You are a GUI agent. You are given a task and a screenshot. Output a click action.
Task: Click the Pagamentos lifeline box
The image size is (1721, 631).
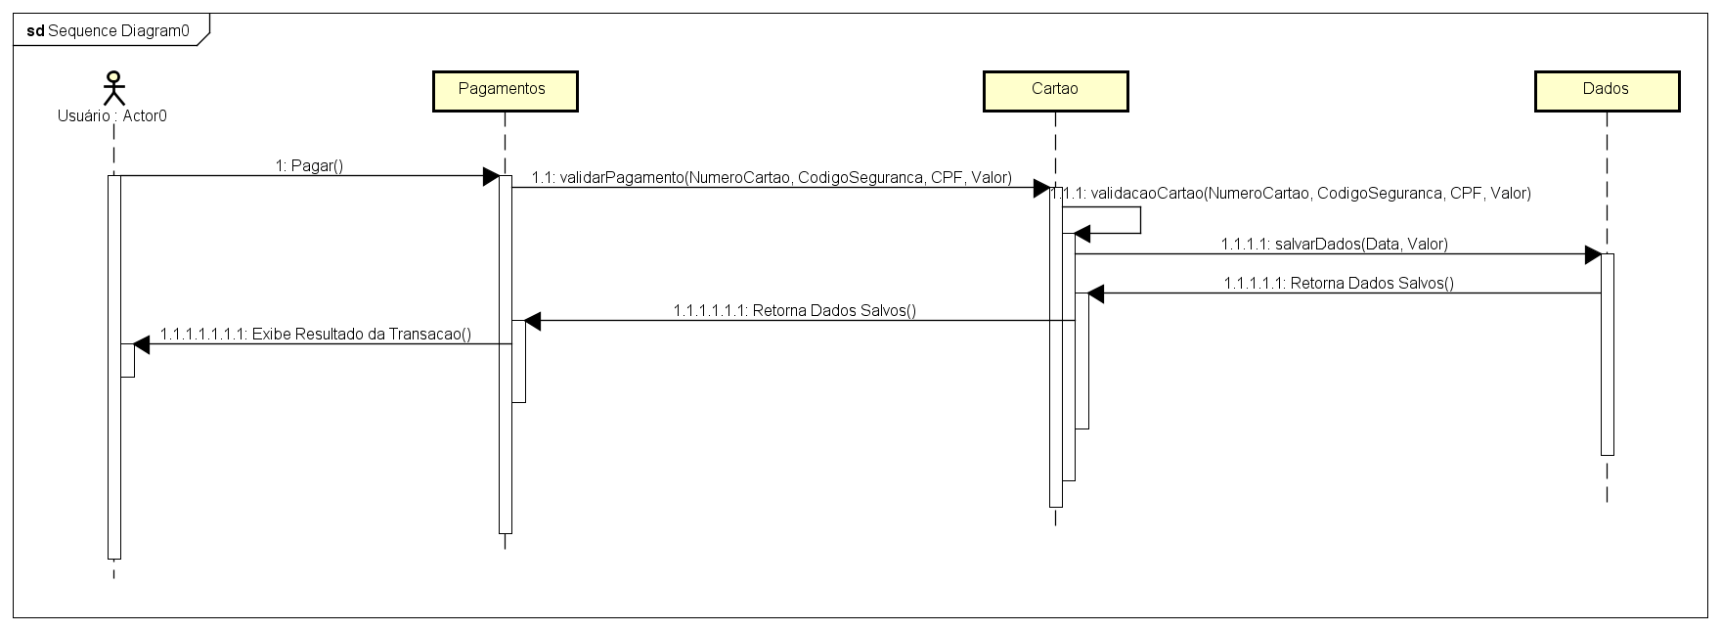(505, 91)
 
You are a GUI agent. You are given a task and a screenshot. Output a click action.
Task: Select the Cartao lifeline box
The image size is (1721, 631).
(1055, 91)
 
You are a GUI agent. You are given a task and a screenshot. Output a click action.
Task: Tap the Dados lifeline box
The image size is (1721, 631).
(1607, 91)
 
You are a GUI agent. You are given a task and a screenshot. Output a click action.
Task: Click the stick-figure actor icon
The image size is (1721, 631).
(114, 87)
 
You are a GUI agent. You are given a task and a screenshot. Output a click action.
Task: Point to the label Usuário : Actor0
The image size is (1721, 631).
(112, 115)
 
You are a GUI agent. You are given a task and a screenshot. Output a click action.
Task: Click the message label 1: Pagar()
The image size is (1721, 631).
(309, 165)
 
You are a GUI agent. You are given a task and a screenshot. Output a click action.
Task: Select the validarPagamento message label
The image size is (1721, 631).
(772, 177)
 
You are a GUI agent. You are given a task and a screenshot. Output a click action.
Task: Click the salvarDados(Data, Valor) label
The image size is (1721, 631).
(1334, 244)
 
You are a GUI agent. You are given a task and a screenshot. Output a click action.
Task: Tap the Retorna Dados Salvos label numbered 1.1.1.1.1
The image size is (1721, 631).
(1339, 283)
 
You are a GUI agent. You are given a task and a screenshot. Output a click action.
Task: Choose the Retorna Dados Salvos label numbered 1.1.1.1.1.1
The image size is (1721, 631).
(794, 310)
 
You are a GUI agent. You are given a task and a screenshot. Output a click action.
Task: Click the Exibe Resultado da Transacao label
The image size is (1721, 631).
(316, 334)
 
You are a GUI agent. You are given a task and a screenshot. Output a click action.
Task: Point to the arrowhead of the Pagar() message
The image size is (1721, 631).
(491, 176)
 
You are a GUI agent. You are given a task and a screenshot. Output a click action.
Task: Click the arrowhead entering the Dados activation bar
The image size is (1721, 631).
(1593, 254)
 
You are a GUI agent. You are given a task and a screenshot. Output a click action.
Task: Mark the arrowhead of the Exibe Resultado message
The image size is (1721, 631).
(142, 343)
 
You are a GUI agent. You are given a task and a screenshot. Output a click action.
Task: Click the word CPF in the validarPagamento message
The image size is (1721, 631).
(948, 177)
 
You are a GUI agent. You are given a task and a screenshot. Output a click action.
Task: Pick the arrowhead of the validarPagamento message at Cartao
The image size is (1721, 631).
(1041, 188)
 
